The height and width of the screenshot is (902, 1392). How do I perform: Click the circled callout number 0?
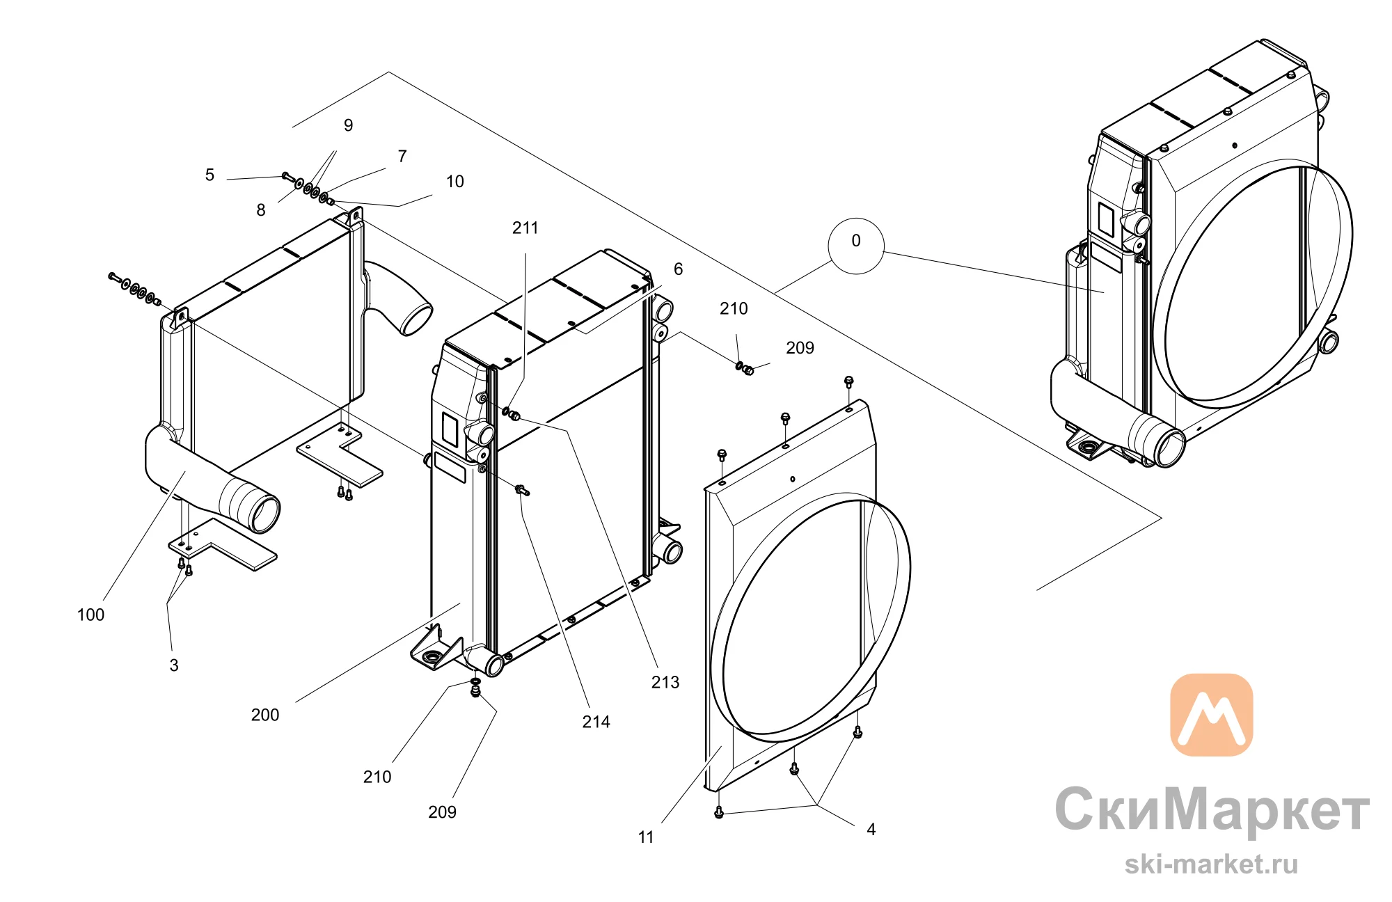pyautogui.click(x=856, y=241)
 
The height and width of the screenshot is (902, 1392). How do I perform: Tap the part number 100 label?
pyautogui.click(x=90, y=615)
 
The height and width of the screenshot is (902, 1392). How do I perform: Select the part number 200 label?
pyautogui.click(x=265, y=715)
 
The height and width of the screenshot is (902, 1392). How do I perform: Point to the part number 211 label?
pyautogui.click(x=525, y=228)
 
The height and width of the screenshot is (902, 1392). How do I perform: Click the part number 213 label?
pyautogui.click(x=665, y=682)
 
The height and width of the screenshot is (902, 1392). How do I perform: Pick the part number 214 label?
pyautogui.click(x=596, y=722)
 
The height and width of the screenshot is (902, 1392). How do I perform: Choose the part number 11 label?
pyautogui.click(x=646, y=837)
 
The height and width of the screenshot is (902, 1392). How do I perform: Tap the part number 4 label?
pyautogui.click(x=871, y=829)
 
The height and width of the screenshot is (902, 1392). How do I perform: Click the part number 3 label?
pyautogui.click(x=174, y=665)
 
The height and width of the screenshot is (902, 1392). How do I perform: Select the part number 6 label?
pyautogui.click(x=679, y=269)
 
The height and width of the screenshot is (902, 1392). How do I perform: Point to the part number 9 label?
pyautogui.click(x=349, y=125)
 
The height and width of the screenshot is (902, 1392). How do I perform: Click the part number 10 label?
pyautogui.click(x=455, y=182)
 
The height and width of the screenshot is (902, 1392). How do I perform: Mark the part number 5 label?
pyautogui.click(x=209, y=175)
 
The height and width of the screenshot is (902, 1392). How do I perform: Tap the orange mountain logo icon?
pyautogui.click(x=1212, y=715)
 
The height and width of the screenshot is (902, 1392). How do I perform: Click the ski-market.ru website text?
pyautogui.click(x=1211, y=864)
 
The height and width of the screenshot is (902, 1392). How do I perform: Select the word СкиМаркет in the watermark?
pyautogui.click(x=1212, y=809)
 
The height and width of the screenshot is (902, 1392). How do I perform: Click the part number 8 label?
pyautogui.click(x=261, y=210)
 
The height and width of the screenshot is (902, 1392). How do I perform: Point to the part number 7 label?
pyautogui.click(x=402, y=156)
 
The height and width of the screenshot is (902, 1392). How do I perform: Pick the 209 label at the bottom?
pyautogui.click(x=443, y=812)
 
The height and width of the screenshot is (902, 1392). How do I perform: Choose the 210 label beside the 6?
pyautogui.click(x=734, y=308)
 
